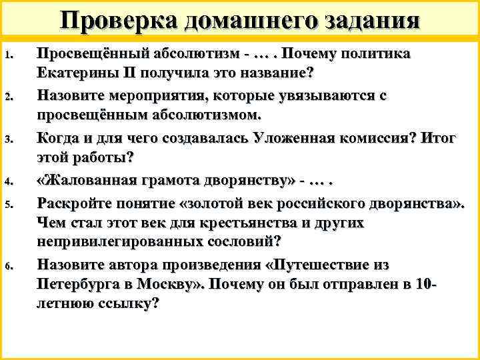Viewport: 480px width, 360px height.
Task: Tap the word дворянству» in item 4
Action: [x=253, y=181]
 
